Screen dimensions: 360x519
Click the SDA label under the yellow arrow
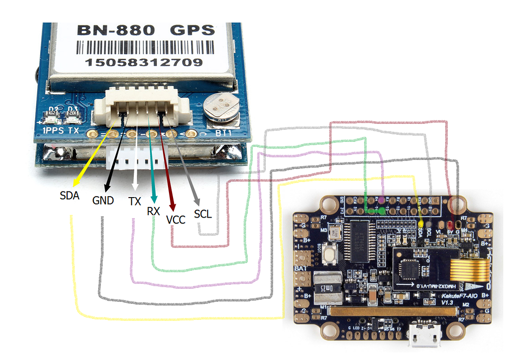70,196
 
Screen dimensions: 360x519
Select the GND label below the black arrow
103,201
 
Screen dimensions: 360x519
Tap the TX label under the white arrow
134,202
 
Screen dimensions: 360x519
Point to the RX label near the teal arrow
153,212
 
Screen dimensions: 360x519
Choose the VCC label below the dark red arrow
176,219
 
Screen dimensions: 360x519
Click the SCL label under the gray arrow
203,214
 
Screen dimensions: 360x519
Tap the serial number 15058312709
144,62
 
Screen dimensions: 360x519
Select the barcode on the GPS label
143,48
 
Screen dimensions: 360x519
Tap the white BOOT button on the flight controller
330,255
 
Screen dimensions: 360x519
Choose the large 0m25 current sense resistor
327,288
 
